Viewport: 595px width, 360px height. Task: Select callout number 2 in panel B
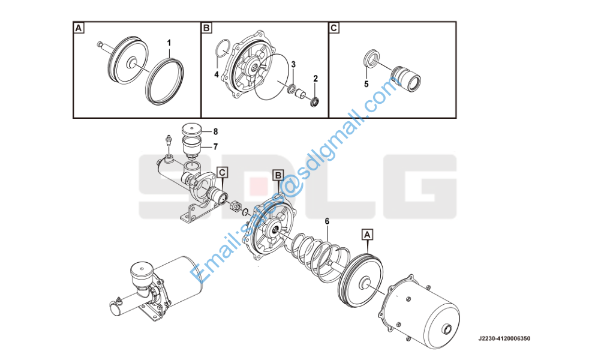pos(315,79)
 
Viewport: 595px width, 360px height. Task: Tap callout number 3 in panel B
pos(293,64)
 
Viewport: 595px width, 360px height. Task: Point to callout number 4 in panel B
pos(217,74)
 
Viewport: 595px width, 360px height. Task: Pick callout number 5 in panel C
pos(366,84)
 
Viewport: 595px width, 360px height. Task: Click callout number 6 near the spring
pos(327,221)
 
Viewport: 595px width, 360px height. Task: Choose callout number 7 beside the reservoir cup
pos(215,146)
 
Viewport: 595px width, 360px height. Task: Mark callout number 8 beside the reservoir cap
pos(215,132)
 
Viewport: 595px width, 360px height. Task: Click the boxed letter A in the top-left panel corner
pos(79,28)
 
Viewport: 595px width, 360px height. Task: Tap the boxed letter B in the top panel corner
pos(206,28)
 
